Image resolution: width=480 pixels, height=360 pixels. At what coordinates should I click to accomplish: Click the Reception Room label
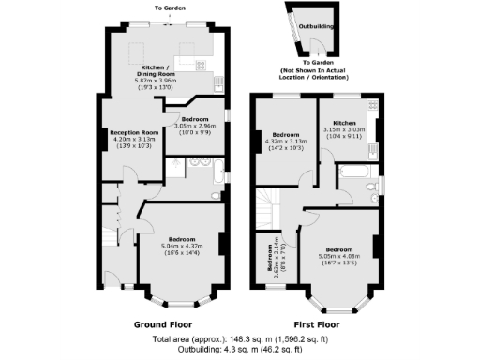click(x=132, y=132)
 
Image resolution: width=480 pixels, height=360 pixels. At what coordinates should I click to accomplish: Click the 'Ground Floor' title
click(x=163, y=323)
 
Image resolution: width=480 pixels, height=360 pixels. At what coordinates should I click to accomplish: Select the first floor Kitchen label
click(x=343, y=123)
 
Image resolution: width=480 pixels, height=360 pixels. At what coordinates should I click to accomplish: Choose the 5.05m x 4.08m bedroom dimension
click(x=339, y=254)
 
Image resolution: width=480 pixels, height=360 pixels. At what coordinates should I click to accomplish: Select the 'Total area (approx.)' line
click(x=239, y=339)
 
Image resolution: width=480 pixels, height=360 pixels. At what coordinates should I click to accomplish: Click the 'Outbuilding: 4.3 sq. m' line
click(x=239, y=350)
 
